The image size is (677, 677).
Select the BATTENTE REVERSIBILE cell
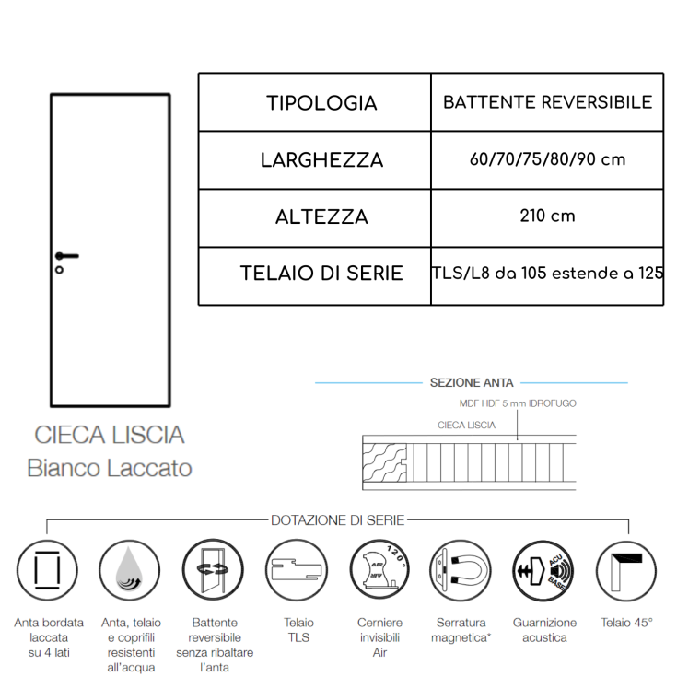pyautogui.click(x=547, y=102)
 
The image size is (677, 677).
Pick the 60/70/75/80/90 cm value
pyautogui.click(x=547, y=159)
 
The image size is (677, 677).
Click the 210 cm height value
pyautogui.click(x=547, y=216)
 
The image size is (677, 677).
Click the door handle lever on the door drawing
pyautogui.click(x=67, y=255)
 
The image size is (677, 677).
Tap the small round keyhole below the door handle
pyautogui.click(x=59, y=270)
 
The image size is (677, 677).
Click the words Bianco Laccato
pyautogui.click(x=110, y=468)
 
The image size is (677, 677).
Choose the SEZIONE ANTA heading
pyautogui.click(x=472, y=382)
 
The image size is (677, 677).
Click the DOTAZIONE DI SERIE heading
pyautogui.click(x=338, y=520)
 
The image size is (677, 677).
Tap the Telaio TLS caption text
pyautogui.click(x=296, y=629)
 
